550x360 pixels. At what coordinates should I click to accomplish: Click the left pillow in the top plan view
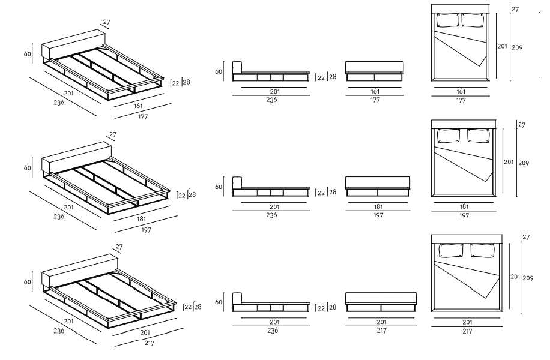[447, 20]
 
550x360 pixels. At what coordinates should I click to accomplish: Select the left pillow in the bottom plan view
[450, 250]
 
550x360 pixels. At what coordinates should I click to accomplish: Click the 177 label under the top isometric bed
[142, 116]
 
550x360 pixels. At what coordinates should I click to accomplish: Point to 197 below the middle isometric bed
[146, 229]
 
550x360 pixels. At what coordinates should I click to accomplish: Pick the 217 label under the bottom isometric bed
[150, 343]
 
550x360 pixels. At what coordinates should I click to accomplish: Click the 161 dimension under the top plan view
[461, 92]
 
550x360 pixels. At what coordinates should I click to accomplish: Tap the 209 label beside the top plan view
[517, 47]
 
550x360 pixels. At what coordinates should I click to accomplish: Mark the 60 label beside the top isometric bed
[27, 54]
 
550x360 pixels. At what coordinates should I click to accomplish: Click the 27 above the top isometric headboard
[106, 22]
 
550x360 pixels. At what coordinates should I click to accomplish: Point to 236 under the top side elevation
[271, 100]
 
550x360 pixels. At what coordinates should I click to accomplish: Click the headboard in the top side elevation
[237, 67]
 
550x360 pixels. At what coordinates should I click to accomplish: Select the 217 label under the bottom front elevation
[381, 331]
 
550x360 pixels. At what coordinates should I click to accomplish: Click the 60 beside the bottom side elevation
[219, 302]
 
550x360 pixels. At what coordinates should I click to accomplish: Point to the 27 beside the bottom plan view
[526, 238]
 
